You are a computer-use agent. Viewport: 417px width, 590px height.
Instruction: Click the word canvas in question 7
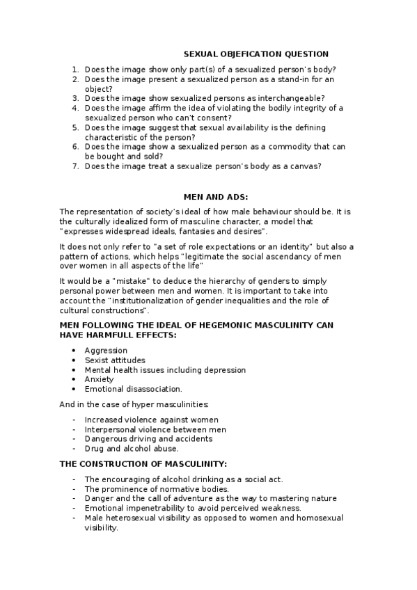pyautogui.click(x=304, y=166)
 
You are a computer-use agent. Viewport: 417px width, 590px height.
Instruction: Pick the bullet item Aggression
pyautogui.click(x=106, y=351)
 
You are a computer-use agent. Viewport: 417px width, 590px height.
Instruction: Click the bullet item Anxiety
pyautogui.click(x=100, y=380)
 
